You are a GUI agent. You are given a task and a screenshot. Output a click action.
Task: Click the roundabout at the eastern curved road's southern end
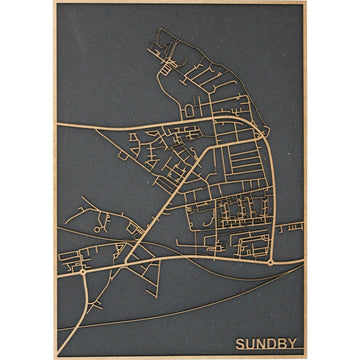[x=271, y=262]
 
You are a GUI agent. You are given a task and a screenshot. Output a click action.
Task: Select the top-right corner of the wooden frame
[x=305, y=3]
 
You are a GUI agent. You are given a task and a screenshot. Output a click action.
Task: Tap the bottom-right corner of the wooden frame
[x=305, y=357]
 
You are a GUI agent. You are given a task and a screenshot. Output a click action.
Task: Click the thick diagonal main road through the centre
[x=160, y=206]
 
